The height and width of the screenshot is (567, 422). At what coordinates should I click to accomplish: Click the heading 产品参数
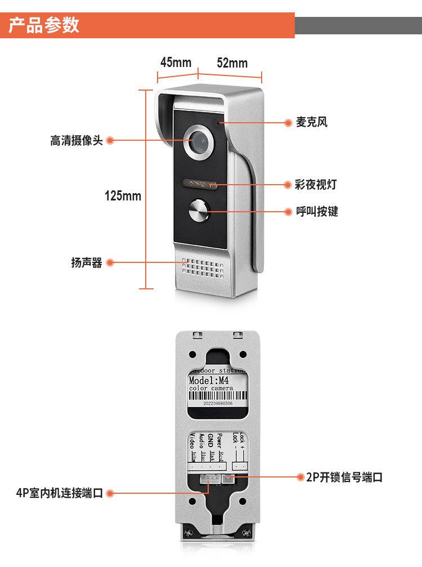pyautogui.click(x=44, y=25)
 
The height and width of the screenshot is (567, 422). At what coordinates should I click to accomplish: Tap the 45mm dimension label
pyautogui.click(x=176, y=62)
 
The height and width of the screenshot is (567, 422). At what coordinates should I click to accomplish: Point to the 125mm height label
pyautogui.click(x=123, y=196)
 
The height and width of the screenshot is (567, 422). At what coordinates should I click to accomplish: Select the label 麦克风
pyautogui.click(x=312, y=122)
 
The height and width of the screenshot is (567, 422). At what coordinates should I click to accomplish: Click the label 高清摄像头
pyautogui.click(x=77, y=141)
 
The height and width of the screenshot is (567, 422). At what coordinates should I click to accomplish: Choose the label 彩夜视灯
pyautogui.click(x=316, y=184)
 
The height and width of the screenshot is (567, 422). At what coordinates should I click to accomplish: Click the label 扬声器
pyautogui.click(x=87, y=262)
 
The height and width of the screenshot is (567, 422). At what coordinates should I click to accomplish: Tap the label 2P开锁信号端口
pyautogui.click(x=344, y=477)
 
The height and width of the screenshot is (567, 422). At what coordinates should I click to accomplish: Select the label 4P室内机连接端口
pyautogui.click(x=59, y=493)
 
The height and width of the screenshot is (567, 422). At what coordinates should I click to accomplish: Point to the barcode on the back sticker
pyautogui.click(x=216, y=396)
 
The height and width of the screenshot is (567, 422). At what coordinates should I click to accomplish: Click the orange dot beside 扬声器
pyautogui.click(x=110, y=262)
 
